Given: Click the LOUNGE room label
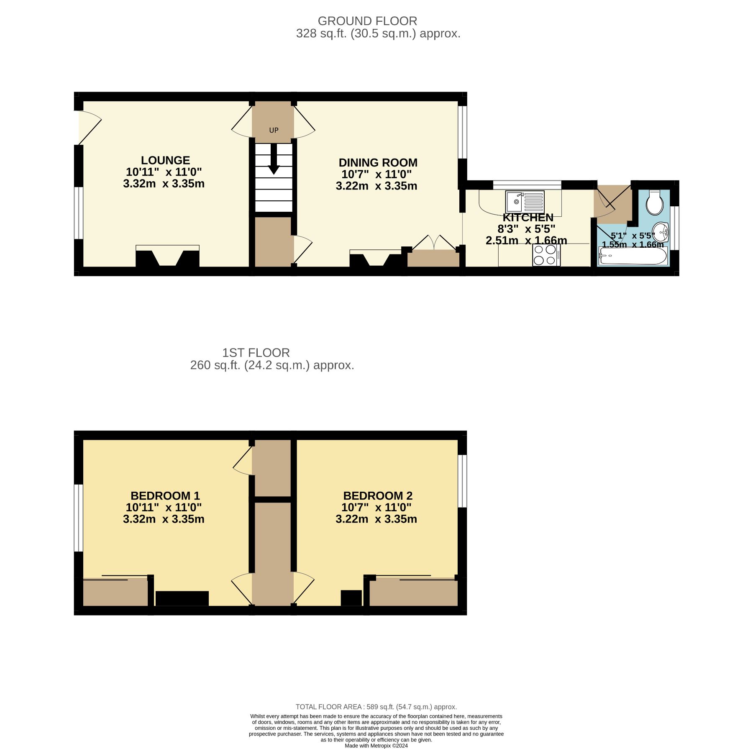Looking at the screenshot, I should (x=165, y=160).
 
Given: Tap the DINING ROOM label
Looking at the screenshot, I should (x=378, y=163).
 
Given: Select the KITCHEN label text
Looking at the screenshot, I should (x=528, y=218).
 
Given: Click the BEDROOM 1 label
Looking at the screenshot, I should (x=165, y=496).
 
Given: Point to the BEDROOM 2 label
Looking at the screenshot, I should (x=378, y=496).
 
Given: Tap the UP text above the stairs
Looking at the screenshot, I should (x=274, y=131).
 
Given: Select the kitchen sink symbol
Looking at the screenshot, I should (x=525, y=202).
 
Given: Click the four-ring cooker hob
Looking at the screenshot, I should (x=546, y=255).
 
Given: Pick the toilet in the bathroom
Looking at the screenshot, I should (x=654, y=203).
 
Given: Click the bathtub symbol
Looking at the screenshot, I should (x=633, y=256).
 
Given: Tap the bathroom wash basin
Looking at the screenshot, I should (x=661, y=231).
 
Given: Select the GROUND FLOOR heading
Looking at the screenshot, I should (x=367, y=21).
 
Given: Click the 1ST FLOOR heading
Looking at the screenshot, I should (x=256, y=353).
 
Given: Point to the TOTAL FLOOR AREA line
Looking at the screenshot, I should (x=376, y=707).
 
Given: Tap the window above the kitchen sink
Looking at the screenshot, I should (x=527, y=185).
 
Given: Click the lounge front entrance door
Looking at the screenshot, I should (x=89, y=126).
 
